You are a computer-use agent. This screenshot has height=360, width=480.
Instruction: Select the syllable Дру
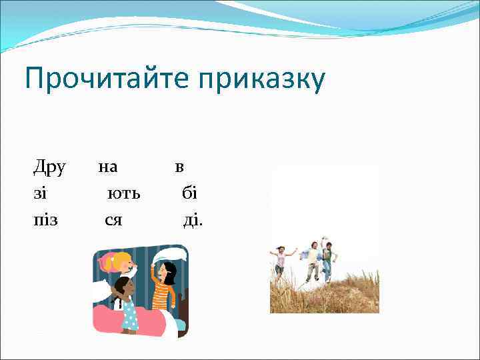click(x=49, y=168)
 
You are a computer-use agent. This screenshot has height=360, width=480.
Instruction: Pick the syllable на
click(x=108, y=168)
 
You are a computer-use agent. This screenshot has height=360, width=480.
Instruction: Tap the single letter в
click(x=179, y=168)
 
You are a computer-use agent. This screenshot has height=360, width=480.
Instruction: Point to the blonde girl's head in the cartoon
click(x=121, y=263)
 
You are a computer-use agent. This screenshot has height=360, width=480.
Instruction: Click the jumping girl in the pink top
click(x=281, y=260)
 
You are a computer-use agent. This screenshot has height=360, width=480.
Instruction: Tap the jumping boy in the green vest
click(x=327, y=260)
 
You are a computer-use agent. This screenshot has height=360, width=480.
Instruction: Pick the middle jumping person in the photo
click(x=311, y=261)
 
